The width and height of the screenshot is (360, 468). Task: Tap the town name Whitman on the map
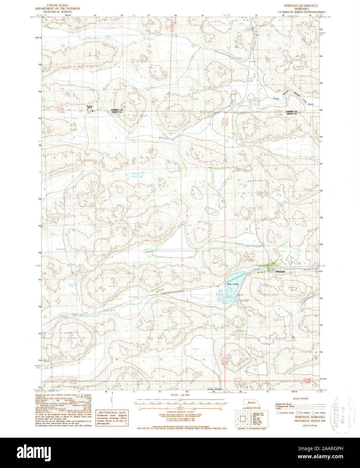[x=280, y=271]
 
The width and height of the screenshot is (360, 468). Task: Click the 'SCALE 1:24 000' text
[x=180, y=395]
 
